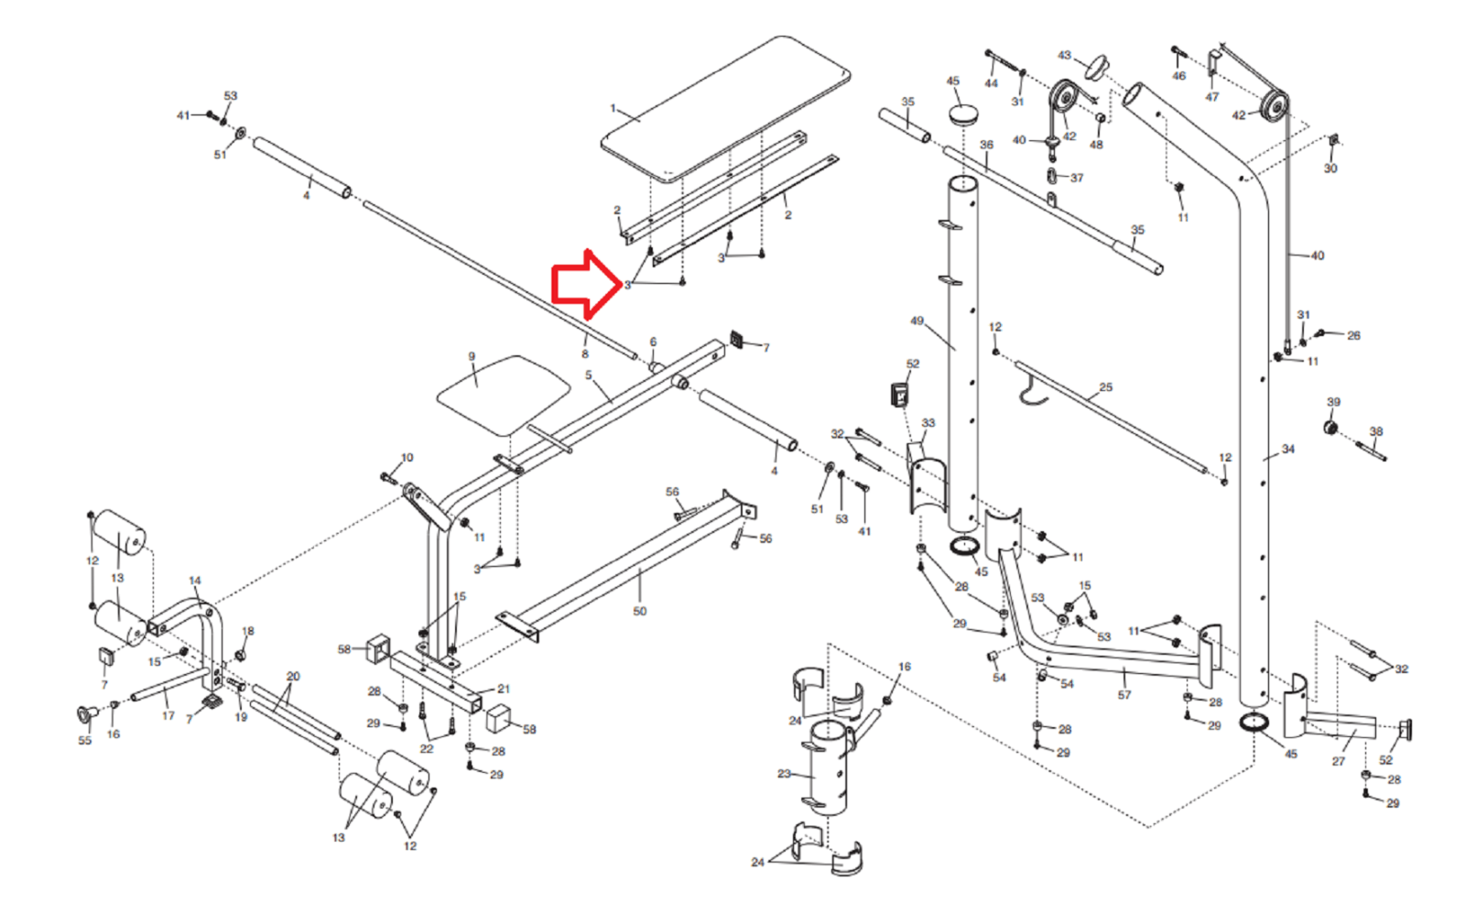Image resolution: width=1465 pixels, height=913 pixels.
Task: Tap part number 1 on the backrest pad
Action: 613,109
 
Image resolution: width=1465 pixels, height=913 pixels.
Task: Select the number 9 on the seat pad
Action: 472,357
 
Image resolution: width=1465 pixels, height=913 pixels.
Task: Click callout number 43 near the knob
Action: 1064,56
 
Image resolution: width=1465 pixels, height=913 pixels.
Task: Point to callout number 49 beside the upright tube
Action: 917,321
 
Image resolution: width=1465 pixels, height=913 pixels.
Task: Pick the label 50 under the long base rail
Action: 639,611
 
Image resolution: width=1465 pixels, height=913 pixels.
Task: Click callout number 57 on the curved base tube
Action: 1124,695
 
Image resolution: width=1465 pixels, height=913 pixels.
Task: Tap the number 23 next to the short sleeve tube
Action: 784,774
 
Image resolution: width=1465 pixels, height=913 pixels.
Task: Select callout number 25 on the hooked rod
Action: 1106,387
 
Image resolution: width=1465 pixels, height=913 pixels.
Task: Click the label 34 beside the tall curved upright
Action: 1288,449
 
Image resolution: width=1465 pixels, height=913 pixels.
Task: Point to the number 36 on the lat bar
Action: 986,145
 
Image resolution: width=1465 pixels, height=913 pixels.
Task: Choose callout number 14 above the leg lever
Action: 194,581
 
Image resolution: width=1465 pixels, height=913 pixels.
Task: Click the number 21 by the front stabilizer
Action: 504,689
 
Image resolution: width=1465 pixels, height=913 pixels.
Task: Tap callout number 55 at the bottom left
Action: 84,740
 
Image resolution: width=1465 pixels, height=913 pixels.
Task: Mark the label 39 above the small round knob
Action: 1333,402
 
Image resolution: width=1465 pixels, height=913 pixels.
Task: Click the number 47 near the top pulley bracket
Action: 1212,97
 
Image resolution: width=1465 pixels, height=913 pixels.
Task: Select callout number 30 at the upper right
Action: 1330,168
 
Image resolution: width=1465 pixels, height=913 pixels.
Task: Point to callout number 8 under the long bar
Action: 584,353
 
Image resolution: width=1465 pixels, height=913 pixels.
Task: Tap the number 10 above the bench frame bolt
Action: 407,457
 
